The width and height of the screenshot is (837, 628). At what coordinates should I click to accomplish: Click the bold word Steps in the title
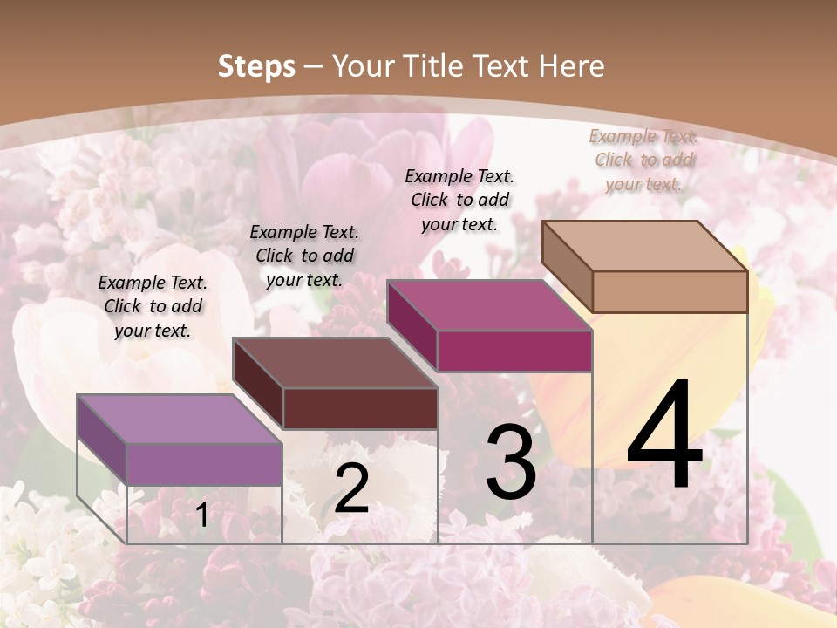[x=256, y=66]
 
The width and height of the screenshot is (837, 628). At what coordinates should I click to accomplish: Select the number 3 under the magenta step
[x=511, y=462]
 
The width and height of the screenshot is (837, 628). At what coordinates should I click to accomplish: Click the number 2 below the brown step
[x=351, y=488]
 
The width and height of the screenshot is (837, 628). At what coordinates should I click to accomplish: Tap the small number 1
[x=202, y=515]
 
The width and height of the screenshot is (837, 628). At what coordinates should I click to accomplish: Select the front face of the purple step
[x=205, y=464]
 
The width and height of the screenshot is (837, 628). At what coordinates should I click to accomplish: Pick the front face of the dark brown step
[x=360, y=408]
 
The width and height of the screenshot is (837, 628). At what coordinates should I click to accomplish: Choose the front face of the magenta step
[x=514, y=351]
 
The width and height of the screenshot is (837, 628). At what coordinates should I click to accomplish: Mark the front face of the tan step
[x=670, y=291]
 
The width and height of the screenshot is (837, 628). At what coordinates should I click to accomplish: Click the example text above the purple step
[x=153, y=306]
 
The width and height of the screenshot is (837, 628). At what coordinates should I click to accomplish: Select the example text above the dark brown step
[x=304, y=256]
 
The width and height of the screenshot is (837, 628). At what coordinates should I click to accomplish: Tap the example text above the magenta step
[x=459, y=200]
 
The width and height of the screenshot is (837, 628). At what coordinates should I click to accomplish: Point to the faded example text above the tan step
[x=643, y=160]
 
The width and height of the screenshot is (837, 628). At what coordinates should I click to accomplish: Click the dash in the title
[x=314, y=66]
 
